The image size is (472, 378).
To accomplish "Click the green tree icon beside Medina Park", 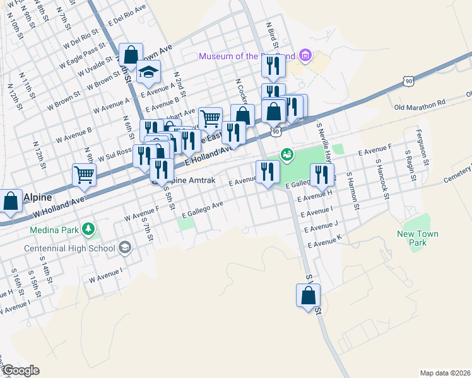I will [x=90, y=227].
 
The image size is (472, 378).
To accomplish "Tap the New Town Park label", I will [x=417, y=238].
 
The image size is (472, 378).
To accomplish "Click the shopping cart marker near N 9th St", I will [x=83, y=175].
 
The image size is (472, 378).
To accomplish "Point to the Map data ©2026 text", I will [x=445, y=372].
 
